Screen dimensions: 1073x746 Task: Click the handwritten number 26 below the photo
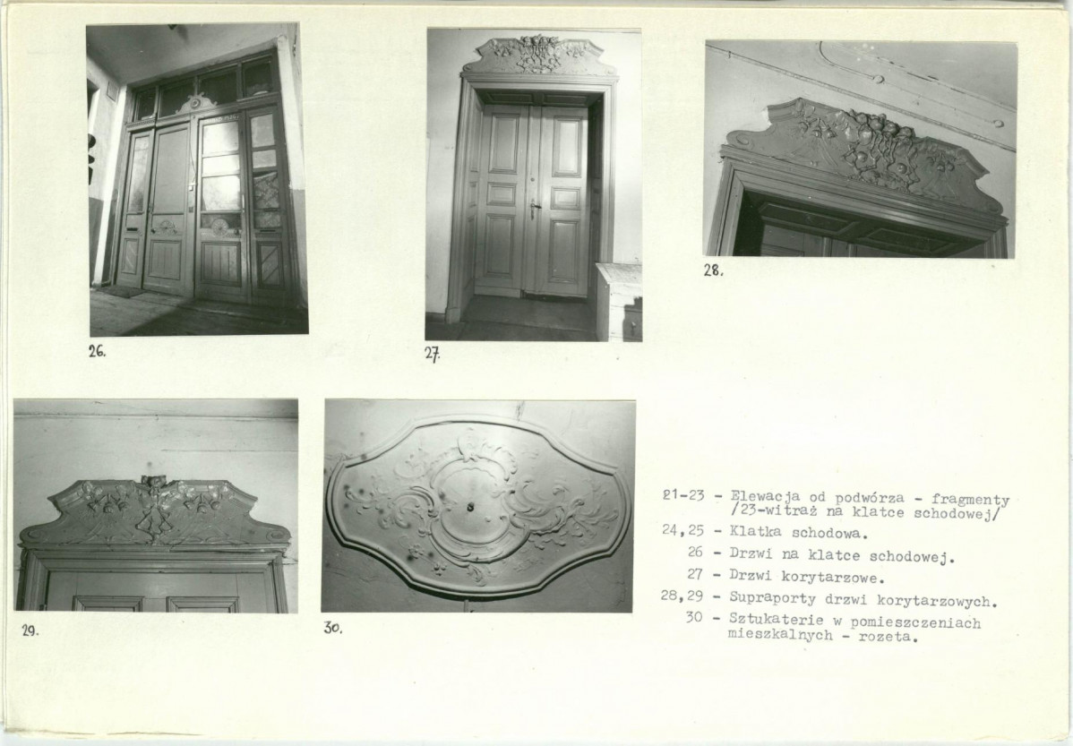(97, 352)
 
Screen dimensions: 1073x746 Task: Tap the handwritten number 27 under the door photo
(432, 355)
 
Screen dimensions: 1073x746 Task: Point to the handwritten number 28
(713, 270)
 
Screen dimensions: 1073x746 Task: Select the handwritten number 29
(30, 631)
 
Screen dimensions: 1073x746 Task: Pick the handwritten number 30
(332, 629)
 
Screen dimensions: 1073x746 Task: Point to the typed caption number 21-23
(683, 495)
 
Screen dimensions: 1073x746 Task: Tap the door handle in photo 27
(532, 206)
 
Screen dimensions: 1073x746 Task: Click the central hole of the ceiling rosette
(471, 507)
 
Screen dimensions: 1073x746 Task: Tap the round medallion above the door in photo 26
(195, 103)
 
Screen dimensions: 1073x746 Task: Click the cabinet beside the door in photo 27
(619, 301)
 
